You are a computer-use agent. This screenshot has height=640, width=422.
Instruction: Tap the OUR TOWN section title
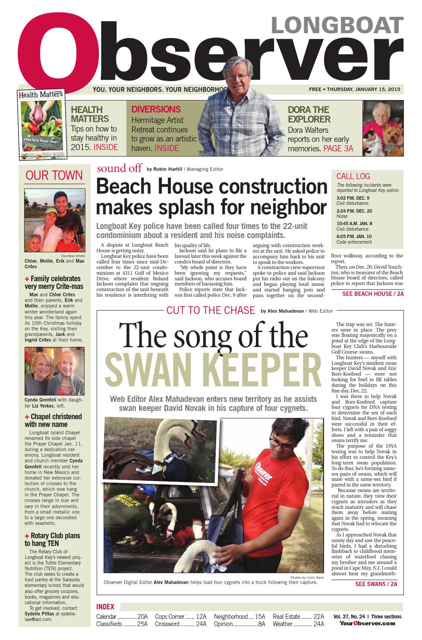coord(54,175)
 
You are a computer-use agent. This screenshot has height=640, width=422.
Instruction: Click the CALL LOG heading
coord(353,176)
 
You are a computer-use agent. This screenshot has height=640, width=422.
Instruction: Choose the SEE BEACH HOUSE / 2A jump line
coord(373,294)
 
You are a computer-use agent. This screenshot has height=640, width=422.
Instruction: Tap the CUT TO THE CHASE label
coord(211,310)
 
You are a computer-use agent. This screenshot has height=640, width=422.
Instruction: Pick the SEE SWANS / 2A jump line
coord(376,584)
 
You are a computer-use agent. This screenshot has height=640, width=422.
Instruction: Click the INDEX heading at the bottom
coord(105,607)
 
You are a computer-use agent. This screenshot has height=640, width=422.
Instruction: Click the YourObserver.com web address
coord(367,623)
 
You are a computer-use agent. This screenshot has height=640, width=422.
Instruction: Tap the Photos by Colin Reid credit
coord(308,577)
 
